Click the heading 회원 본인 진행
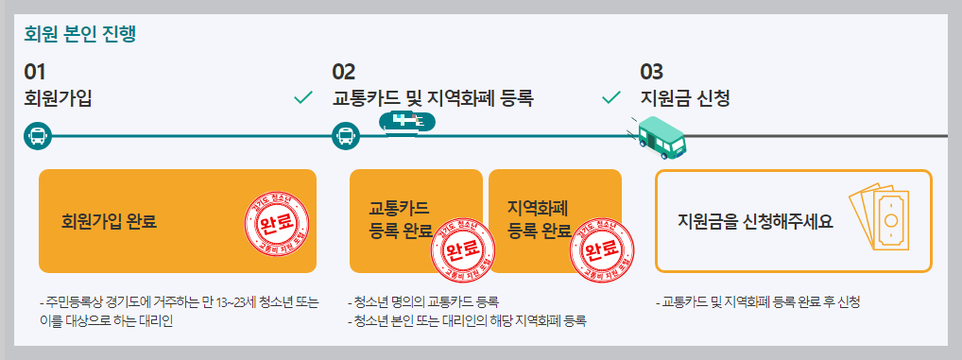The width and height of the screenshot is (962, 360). coord(80,36)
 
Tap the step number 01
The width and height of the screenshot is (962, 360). coord(35,72)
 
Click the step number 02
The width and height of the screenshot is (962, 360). coord(343,72)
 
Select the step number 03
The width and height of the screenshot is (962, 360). coord(652,72)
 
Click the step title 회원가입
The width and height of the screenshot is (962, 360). coord(59,97)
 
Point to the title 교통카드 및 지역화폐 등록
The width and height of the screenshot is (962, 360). coord(433,97)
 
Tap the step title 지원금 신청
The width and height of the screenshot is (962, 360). coord(685,97)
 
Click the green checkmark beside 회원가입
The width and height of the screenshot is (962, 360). coord(303,97)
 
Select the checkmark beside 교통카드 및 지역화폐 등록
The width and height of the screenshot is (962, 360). coord(611,97)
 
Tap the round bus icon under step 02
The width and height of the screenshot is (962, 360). coord(346,136)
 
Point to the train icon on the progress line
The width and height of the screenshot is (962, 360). coord(407,123)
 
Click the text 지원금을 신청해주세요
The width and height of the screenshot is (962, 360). coord(755,222)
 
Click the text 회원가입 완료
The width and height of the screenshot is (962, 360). coord(108,223)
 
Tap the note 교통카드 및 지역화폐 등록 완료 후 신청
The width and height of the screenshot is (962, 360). coord(757,303)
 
